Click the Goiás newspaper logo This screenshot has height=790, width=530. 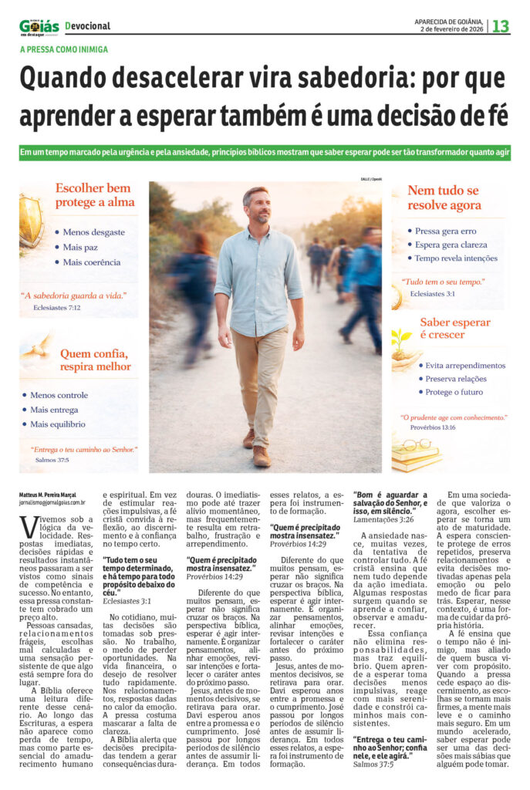(39, 26)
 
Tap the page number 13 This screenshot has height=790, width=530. (501, 26)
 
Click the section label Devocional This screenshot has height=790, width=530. (88, 26)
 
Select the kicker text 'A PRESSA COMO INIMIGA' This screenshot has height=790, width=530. (63, 49)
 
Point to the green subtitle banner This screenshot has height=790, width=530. (265, 153)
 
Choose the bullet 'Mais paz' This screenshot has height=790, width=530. (79, 246)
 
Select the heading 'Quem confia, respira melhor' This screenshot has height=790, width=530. (94, 360)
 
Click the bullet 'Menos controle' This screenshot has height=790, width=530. (59, 395)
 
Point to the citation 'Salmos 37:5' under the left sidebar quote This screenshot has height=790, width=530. (52, 460)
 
